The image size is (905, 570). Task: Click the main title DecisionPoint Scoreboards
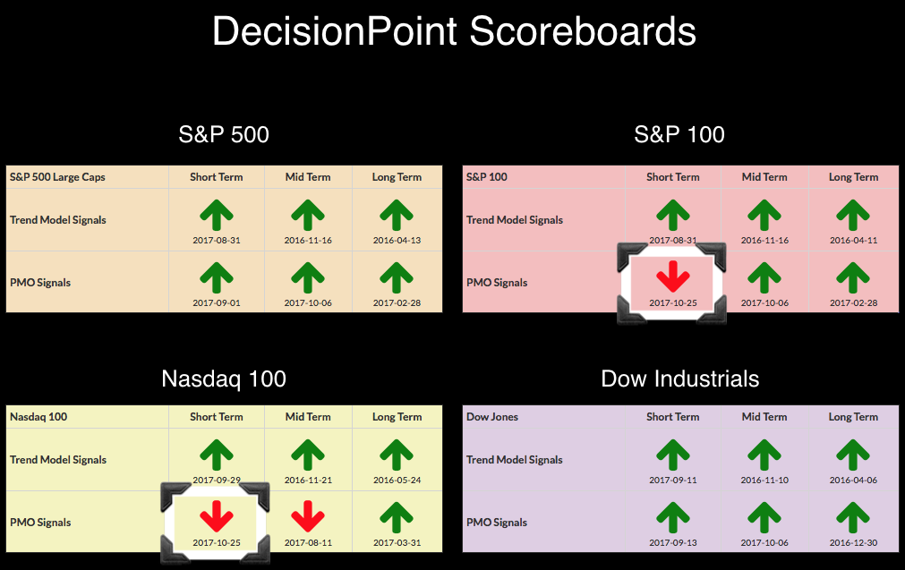click(x=454, y=31)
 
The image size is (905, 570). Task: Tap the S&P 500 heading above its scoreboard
click(x=224, y=134)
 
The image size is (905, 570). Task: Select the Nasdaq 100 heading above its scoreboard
click(x=224, y=379)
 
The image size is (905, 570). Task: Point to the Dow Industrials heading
click(x=680, y=379)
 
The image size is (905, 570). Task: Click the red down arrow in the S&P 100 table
click(x=673, y=276)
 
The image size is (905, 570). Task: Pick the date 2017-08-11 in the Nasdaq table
click(x=308, y=543)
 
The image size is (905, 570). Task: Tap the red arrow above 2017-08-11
click(x=308, y=516)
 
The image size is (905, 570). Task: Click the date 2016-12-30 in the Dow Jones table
click(x=854, y=543)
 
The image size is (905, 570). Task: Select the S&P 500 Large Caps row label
click(x=57, y=177)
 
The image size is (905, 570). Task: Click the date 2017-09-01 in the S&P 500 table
click(x=217, y=302)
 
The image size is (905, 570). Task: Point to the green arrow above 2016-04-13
click(x=397, y=215)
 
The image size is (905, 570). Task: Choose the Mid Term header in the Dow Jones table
click(x=764, y=417)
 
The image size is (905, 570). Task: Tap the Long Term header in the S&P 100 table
click(x=854, y=177)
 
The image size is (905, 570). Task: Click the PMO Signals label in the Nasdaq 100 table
click(x=40, y=523)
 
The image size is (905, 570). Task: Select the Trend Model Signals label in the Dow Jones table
click(x=514, y=460)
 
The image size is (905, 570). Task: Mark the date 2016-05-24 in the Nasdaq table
click(x=397, y=480)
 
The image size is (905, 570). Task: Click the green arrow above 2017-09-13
click(x=673, y=517)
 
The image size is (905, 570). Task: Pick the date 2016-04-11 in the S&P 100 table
click(x=854, y=241)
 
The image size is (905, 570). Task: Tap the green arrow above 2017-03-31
click(x=397, y=517)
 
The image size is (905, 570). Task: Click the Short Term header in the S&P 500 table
click(x=217, y=177)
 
